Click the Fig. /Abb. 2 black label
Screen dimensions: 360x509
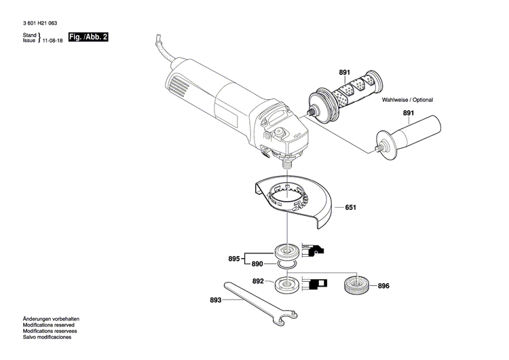pyautogui.click(x=89, y=37)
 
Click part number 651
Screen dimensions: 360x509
pyautogui.click(x=350, y=208)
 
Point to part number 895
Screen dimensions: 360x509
pyautogui.click(x=233, y=258)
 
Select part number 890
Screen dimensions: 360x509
pyautogui.click(x=257, y=264)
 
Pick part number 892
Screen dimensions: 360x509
pyautogui.click(x=257, y=281)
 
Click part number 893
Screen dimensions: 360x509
pyautogui.click(x=216, y=299)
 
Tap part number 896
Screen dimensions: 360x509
pyautogui.click(x=383, y=286)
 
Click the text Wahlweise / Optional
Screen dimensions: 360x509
pyautogui.click(x=407, y=100)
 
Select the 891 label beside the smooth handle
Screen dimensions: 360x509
pyautogui.click(x=408, y=113)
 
